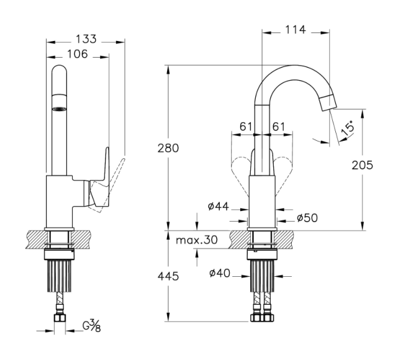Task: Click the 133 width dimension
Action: pos(86,39)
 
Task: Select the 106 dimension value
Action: pos(78,54)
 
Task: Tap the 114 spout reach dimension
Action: pos(296,30)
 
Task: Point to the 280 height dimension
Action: pos(168,148)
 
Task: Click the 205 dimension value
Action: pos(363,165)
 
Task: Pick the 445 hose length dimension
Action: pos(168,276)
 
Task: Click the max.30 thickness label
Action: pos(197,240)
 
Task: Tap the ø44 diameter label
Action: pos(219,207)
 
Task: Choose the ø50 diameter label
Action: pos(307,218)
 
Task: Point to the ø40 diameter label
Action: pos(220,273)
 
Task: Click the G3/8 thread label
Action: pos(92,326)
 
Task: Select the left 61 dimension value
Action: pos(246,127)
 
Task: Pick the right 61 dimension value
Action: pos(279,127)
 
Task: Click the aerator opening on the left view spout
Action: pos(59,109)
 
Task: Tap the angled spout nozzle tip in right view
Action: pos(328,102)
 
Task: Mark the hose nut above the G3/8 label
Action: pos(60,318)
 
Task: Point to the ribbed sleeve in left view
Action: pos(60,276)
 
